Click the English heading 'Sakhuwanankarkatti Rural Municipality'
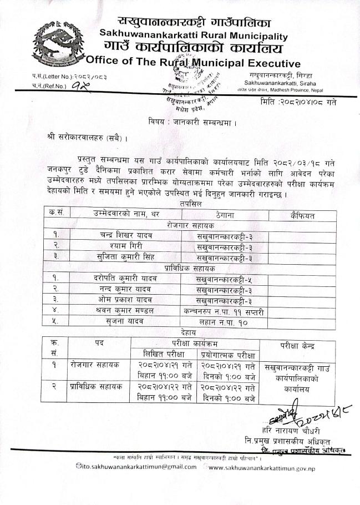click(194, 36)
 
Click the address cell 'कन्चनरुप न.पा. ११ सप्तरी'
click(224, 311)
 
